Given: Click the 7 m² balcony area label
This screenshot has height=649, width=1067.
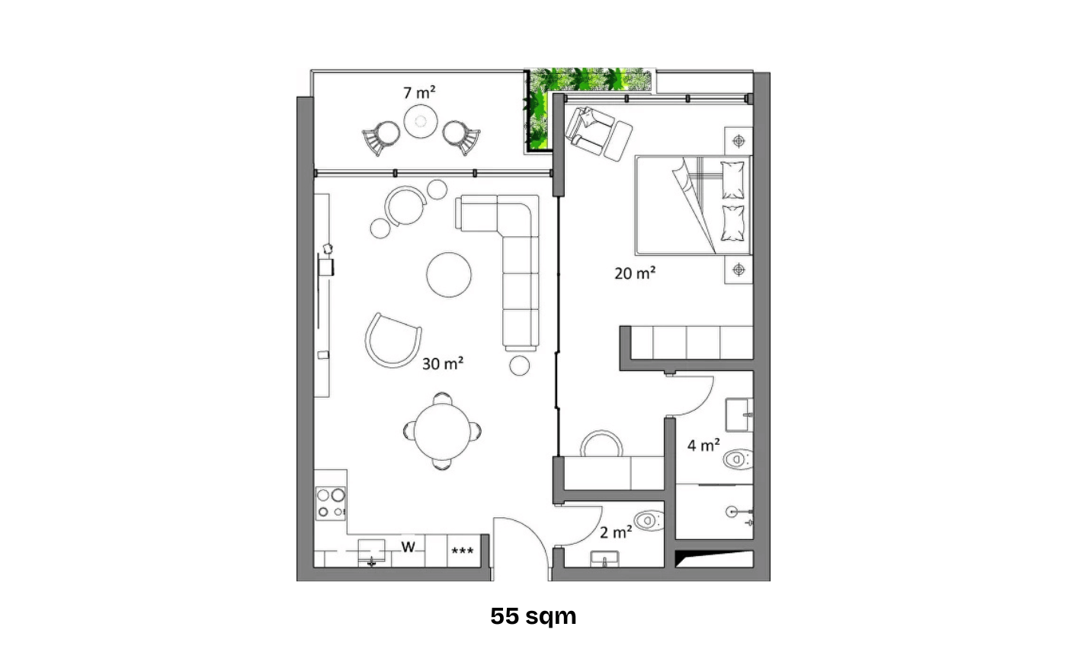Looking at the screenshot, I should coord(419,93).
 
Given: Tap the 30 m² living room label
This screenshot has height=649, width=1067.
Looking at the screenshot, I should coord(443,364).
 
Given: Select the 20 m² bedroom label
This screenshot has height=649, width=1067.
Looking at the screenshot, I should coord(635,273).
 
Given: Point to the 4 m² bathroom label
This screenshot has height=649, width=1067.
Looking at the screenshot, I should coord(703,445).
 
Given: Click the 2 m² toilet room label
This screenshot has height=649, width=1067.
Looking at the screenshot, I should coord(616,532).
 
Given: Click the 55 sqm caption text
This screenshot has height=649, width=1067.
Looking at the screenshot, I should coord(533,615).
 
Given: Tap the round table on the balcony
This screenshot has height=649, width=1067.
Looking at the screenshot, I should coord(420,121).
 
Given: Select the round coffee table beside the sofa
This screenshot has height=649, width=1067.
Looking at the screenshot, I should coord(449,274).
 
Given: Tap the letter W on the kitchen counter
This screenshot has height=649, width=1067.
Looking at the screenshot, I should coord(409,547).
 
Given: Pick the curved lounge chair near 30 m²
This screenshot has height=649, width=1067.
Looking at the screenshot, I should coord(392,340).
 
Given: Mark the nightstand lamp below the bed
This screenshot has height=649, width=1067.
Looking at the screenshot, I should coord(738,268).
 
